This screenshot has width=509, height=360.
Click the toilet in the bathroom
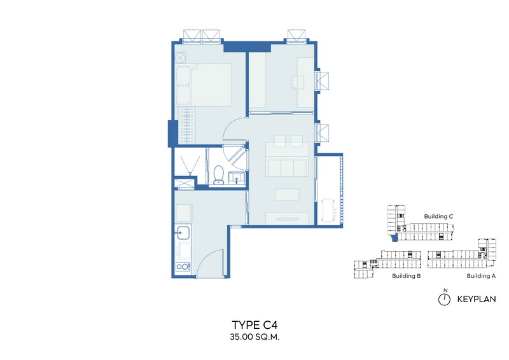pyautogui.click(x=218, y=175)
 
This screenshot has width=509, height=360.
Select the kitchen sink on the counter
pyautogui.click(x=183, y=232)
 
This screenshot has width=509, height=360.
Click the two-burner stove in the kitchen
pyautogui.click(x=183, y=267)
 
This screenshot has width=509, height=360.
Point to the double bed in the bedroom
pyautogui.click(x=204, y=85)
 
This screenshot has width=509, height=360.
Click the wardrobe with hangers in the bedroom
pyautogui.click(x=186, y=125)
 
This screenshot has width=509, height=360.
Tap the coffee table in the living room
pyautogui.click(x=287, y=195)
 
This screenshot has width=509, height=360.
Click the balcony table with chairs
pyautogui.click(x=328, y=211)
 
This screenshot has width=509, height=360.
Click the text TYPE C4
pyautogui.click(x=254, y=324)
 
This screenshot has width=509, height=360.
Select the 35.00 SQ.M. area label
pyautogui.click(x=254, y=337)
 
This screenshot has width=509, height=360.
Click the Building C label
pyautogui.click(x=438, y=216)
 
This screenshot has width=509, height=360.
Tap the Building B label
pyautogui.click(x=406, y=276)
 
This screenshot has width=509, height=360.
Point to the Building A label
pyautogui.click(x=481, y=276)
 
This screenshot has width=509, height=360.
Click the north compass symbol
pyautogui.click(x=444, y=297)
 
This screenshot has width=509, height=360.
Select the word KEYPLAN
pyautogui.click(x=477, y=299)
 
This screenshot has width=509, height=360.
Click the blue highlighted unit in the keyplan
pyautogui.click(x=394, y=238)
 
